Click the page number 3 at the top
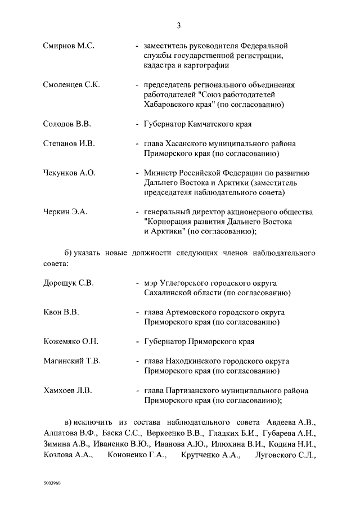coord(179,25)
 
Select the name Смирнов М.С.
coord(69,45)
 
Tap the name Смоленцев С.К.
coord(71,85)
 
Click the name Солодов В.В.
coord(67,124)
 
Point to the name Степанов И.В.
coord(67,143)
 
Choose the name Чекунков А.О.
coord(69,173)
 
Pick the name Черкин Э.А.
coord(65,212)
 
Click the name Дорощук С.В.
coord(68,282)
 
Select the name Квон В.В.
coord(61,312)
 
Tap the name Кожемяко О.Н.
coord(71,341)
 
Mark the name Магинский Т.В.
coord(71,361)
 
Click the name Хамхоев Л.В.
coord(67,390)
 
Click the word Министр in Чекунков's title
coord(160,173)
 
